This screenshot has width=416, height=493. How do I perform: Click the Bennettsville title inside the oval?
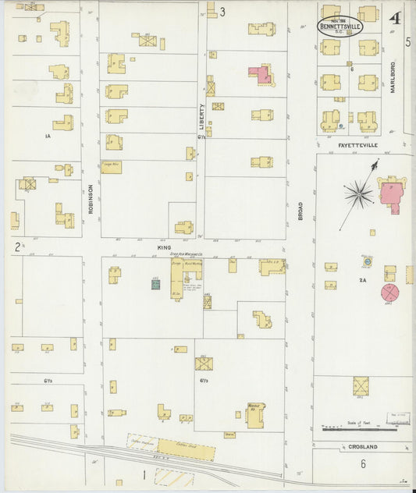[x=339, y=25]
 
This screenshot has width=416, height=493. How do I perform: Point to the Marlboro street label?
[x=393, y=76]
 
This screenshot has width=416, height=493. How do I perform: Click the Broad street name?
[x=300, y=210]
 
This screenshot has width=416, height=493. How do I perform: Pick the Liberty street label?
[x=202, y=116]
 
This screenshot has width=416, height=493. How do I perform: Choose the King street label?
[x=164, y=247]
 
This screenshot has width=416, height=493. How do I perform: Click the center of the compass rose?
[x=358, y=192]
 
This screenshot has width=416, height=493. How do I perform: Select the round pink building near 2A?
[x=389, y=293]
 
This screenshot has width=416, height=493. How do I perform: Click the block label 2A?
[x=362, y=279]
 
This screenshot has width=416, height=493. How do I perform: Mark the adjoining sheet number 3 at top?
[x=222, y=12]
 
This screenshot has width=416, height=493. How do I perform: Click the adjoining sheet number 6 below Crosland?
[x=363, y=463]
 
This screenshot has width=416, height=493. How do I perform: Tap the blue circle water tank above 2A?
[x=367, y=262]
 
